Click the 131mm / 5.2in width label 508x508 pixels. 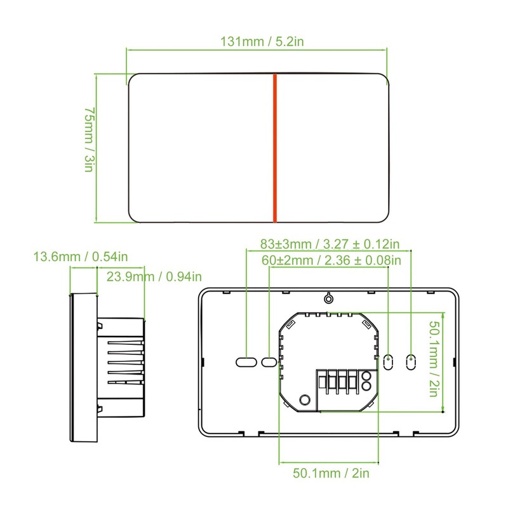[x=262, y=41]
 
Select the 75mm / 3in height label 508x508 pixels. [x=89, y=139]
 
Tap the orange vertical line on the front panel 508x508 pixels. [x=275, y=148]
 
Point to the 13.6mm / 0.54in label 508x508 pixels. [x=81, y=257]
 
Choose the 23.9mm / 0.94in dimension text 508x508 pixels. [x=154, y=276]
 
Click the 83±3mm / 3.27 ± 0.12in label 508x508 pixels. [x=330, y=244]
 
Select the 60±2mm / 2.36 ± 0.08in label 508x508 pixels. [x=331, y=260]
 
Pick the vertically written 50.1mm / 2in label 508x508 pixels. [x=434, y=359]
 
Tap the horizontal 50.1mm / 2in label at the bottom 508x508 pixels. [x=331, y=473]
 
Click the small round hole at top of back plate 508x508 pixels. [x=328, y=298]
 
